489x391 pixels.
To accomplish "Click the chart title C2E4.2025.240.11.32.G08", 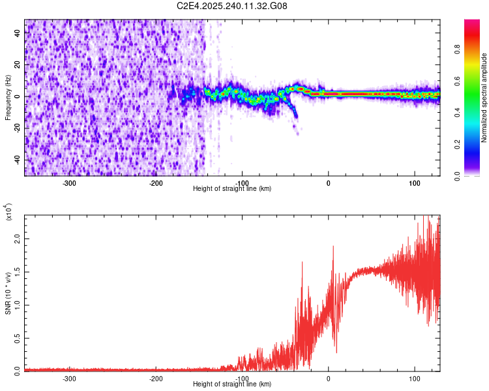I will tap(232, 6).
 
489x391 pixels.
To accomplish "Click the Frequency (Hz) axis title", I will tap(8, 96).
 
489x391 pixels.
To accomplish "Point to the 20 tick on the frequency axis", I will tap(17, 65).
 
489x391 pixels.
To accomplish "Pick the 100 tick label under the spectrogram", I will tap(415, 182).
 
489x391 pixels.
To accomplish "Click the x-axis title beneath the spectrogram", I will tap(232, 188).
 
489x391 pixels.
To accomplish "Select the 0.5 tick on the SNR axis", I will tap(17, 338).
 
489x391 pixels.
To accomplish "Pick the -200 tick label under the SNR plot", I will tap(156, 378).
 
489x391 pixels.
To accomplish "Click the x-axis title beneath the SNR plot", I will tap(232, 384).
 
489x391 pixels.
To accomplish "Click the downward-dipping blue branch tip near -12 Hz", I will tap(295, 116).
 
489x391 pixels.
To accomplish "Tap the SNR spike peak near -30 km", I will tap(303, 262).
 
